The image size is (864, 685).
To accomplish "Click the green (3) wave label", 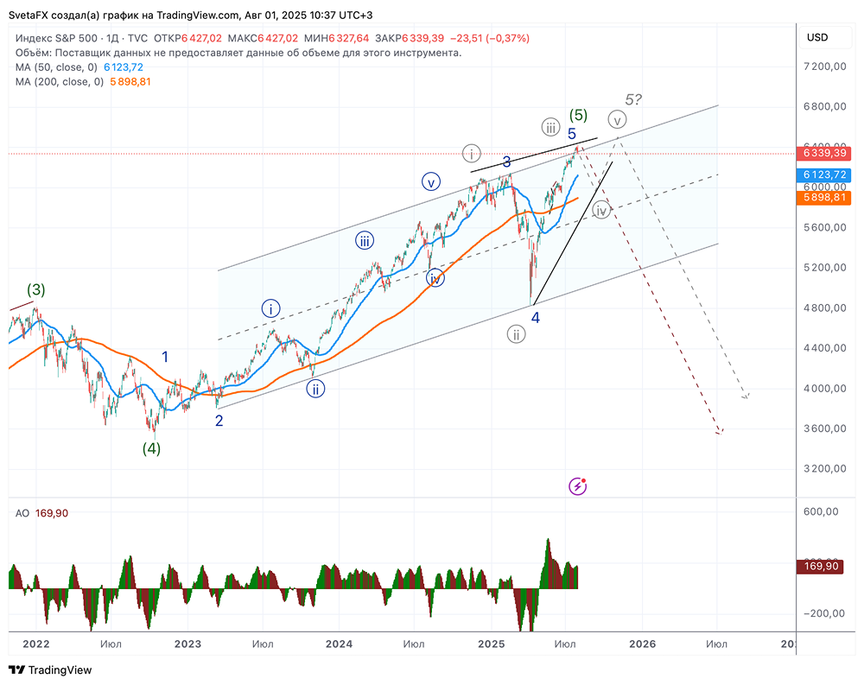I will point(35,289).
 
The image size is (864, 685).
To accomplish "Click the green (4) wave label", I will point(152,448).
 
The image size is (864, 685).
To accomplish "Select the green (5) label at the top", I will point(578,116).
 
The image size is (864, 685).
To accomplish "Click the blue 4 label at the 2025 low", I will point(536,317).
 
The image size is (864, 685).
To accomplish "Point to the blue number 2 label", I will point(219,421).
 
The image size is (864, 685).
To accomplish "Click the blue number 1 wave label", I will point(165,356).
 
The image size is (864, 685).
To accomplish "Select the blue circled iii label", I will point(364,240).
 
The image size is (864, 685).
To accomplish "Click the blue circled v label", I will point(431,181).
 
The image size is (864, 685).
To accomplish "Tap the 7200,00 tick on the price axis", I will point(823,67).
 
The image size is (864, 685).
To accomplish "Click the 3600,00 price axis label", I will point(823,428).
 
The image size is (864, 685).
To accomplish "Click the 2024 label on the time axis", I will point(340,644).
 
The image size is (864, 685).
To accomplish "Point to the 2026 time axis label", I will point(642,644).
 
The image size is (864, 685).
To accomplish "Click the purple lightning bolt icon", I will point(578,486).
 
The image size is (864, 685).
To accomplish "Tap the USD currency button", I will point(816,38).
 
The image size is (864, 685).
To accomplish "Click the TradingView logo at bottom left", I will point(50,670).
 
